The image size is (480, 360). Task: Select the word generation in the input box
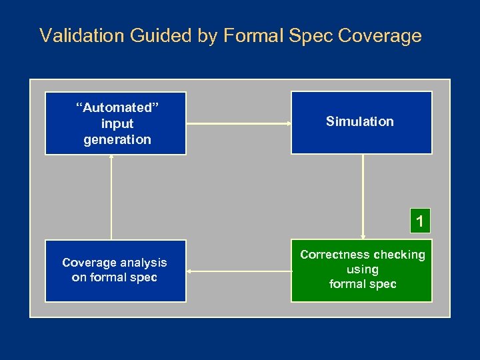click(x=117, y=139)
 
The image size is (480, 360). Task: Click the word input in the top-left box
click(x=117, y=123)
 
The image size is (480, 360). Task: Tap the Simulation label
click(x=360, y=121)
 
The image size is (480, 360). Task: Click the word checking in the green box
click(x=399, y=255)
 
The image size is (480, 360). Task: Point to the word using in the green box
click(x=363, y=269)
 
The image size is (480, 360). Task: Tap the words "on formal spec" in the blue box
click(x=115, y=277)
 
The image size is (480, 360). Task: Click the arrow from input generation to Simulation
click(x=239, y=123)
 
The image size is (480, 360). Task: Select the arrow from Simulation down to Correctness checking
click(x=363, y=197)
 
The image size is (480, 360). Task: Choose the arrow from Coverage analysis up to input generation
click(x=111, y=197)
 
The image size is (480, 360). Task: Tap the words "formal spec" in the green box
click(x=363, y=284)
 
